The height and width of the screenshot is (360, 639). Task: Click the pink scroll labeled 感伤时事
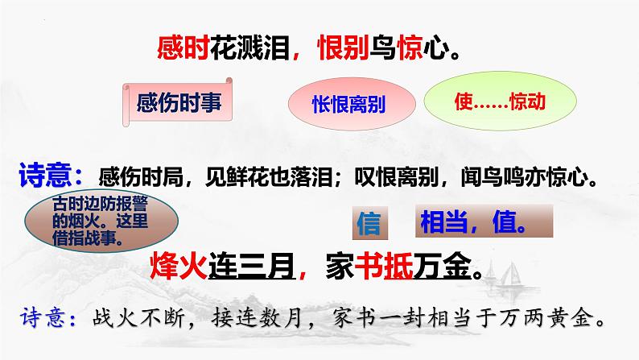tap(179, 105)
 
